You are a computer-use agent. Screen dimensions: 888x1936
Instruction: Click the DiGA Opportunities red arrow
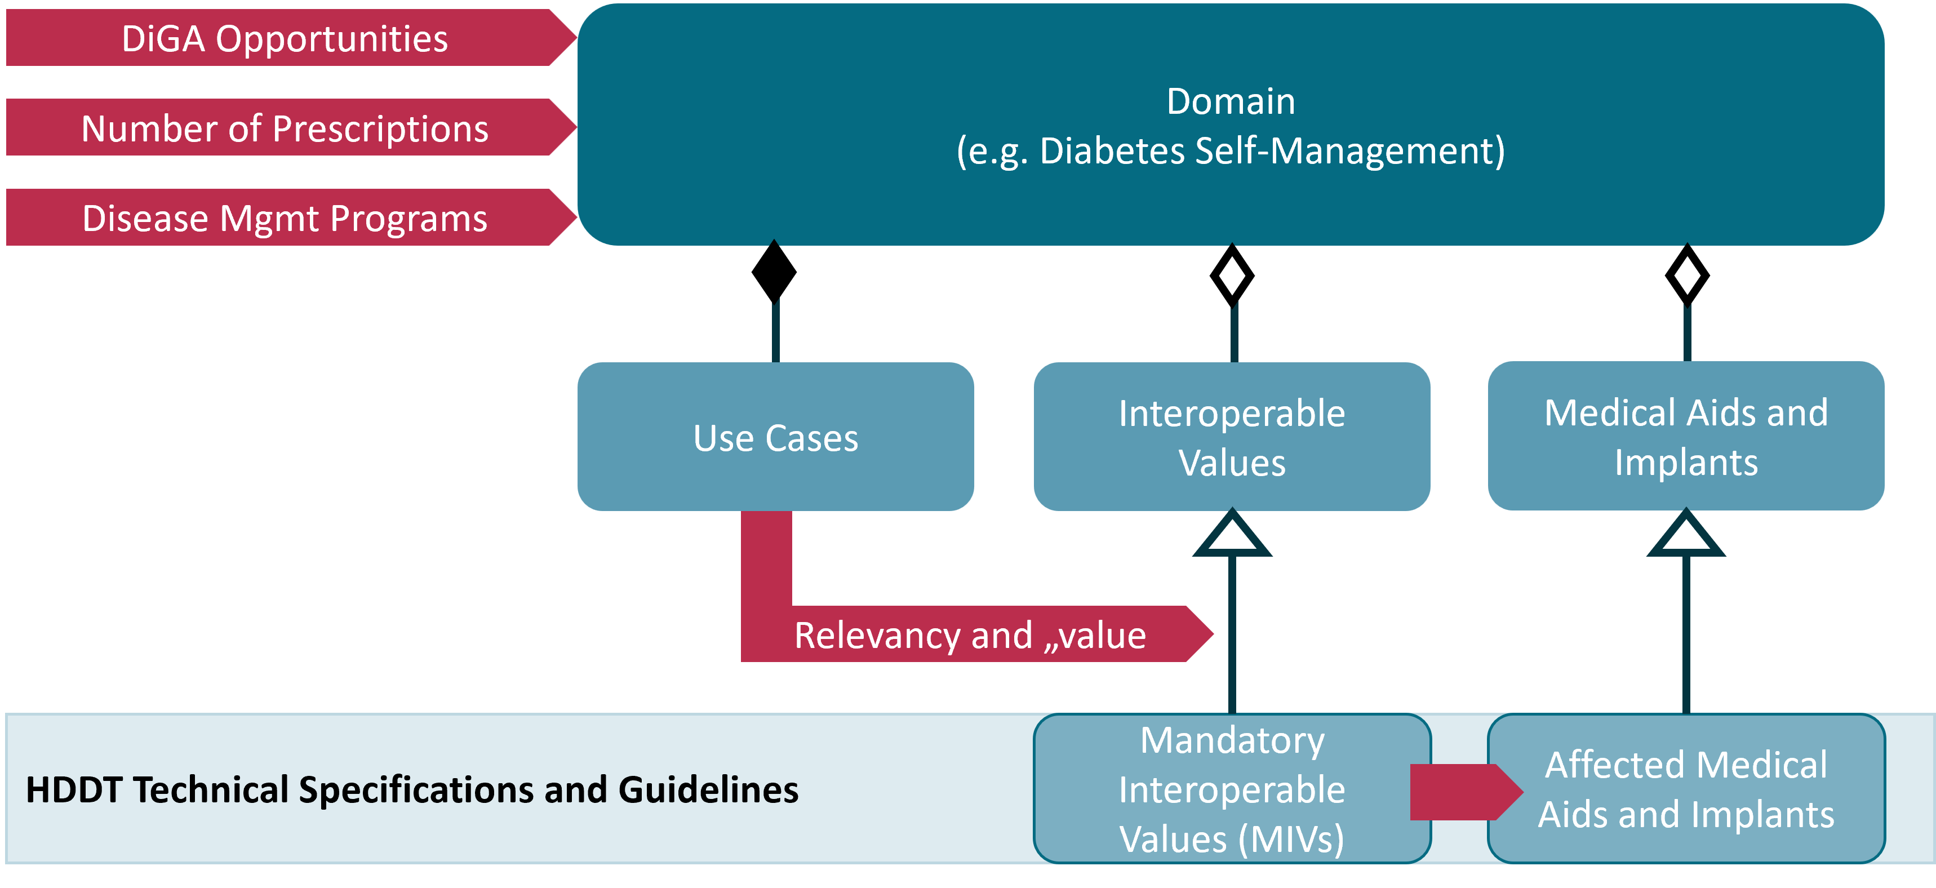coord(286,38)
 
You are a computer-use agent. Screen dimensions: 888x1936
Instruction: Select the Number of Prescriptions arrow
coord(286,128)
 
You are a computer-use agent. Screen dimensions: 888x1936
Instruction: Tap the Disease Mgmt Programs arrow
coord(286,218)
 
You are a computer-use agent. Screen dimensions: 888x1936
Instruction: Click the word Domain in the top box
coord(1231,101)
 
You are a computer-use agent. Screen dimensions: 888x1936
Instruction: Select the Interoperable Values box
coord(1231,437)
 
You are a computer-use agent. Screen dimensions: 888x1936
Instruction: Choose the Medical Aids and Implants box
coord(1686,437)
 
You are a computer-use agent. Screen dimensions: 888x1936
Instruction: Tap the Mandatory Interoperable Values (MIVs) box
coord(1231,789)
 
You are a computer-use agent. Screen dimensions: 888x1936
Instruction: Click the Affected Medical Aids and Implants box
coord(1686,789)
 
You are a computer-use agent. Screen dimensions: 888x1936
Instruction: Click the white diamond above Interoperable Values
coord(1231,276)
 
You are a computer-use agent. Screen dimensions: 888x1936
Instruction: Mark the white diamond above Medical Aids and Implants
coord(1687,276)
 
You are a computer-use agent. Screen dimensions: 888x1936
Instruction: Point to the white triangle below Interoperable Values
coord(1231,536)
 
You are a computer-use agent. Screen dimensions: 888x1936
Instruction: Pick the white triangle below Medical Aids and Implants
coord(1686,536)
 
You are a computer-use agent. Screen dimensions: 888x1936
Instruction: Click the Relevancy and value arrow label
coord(970,636)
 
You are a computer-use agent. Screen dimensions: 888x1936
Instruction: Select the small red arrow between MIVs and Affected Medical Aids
coord(1462,791)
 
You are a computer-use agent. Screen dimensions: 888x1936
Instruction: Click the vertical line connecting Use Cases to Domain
coord(775,331)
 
